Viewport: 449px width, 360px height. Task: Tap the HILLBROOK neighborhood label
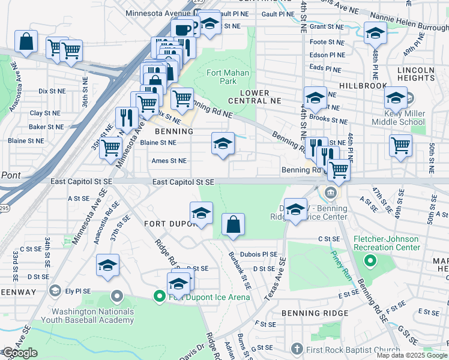coord(363,86)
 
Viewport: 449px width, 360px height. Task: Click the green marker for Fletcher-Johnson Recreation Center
coord(370,261)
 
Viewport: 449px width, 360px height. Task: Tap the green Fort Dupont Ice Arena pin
coord(159,296)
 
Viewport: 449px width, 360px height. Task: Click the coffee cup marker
coord(183,29)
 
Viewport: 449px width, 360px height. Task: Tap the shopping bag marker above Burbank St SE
coord(233,225)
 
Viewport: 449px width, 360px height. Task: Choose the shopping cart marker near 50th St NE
coord(400,145)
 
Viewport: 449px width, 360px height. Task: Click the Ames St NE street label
coord(169,161)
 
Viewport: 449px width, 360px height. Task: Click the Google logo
coord(20,353)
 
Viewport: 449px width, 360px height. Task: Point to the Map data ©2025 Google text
coord(411,355)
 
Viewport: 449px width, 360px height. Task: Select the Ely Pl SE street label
coord(78,291)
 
